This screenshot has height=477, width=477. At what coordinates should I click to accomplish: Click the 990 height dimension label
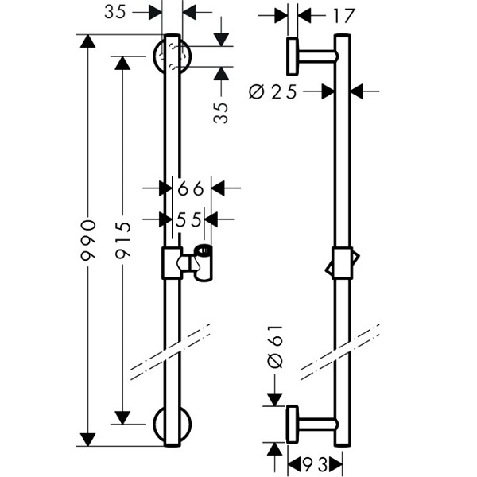88,240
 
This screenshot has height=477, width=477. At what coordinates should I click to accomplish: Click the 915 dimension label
123,240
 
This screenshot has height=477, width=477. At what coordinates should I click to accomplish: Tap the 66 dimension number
191,188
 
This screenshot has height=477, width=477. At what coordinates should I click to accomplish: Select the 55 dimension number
188,219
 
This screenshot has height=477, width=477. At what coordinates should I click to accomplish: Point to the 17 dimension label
344,16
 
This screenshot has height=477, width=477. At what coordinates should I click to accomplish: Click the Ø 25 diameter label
273,92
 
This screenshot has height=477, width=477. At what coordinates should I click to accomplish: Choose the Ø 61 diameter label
275,347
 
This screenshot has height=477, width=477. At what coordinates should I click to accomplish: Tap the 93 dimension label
315,464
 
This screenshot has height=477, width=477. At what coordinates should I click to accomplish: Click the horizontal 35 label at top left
115,13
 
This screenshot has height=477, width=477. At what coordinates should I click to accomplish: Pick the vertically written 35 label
221,113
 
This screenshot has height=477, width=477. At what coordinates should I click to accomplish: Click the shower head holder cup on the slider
204,262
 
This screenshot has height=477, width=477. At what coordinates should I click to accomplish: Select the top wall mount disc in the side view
293,56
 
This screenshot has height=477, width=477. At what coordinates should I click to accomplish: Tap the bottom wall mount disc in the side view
293,425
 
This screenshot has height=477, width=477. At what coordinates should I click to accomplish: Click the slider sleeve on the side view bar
343,263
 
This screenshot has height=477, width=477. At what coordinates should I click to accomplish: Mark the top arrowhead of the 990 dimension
88,41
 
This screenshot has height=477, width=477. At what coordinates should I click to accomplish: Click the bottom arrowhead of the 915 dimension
122,417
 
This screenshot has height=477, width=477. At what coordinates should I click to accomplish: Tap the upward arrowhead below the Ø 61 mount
274,449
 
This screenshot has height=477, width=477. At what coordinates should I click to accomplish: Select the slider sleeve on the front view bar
173,263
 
